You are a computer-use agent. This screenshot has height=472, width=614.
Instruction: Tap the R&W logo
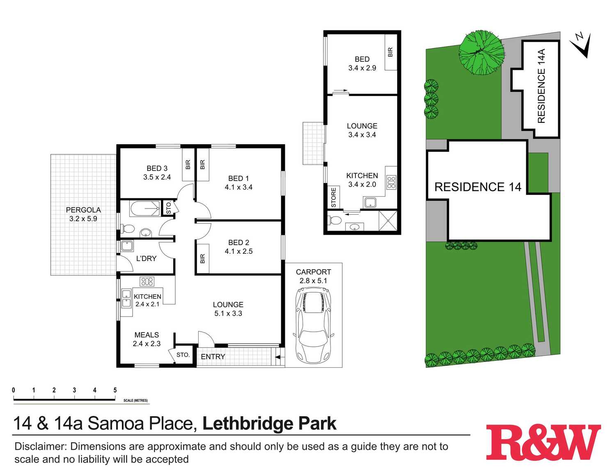[543, 442]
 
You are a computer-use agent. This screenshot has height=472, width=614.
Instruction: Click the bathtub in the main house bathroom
[144, 209]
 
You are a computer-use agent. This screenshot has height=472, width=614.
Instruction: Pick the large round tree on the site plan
[481, 53]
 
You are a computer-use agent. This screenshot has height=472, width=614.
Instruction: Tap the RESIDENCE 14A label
[541, 86]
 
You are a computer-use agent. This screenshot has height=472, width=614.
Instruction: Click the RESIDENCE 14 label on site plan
[478, 187]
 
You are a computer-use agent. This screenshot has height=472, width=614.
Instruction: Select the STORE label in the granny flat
[333, 197]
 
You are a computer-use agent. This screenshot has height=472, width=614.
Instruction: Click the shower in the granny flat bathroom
[387, 221]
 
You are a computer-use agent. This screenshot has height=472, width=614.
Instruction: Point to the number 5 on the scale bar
[115, 390]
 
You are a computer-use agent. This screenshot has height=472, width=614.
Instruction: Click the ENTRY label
[213, 357]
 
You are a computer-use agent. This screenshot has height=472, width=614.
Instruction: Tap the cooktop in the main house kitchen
[147, 281]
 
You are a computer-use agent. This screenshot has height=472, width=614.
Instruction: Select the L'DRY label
[146, 259]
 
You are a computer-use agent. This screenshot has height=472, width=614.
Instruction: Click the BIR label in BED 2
[202, 259]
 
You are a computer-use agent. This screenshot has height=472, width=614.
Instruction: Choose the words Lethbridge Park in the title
[269, 424]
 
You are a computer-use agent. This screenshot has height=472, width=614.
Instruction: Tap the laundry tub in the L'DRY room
[127, 246]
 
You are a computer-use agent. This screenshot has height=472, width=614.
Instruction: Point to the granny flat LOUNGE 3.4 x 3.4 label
[362, 130]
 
